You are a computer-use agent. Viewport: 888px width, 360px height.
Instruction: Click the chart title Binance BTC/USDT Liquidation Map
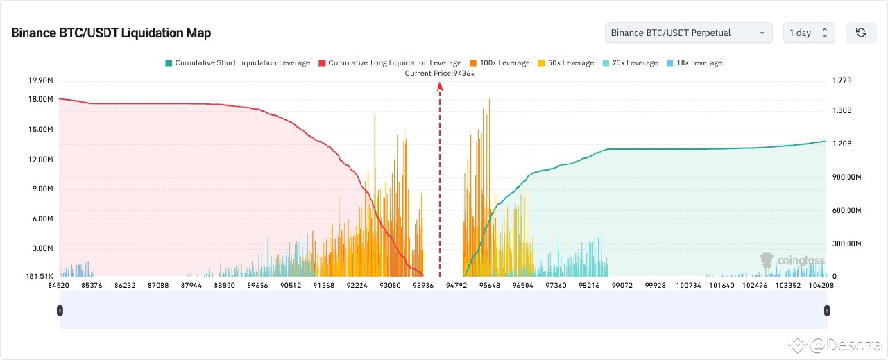(111, 33)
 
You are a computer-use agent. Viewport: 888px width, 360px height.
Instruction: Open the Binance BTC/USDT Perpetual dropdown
(688, 33)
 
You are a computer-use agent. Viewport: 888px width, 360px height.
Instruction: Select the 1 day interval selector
(809, 33)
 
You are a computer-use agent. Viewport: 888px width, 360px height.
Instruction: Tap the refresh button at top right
(861, 33)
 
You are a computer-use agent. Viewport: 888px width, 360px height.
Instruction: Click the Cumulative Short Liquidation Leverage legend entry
(237, 62)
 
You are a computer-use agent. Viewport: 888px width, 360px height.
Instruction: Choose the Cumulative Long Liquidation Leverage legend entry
(389, 62)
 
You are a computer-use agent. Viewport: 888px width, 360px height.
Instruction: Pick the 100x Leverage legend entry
(499, 62)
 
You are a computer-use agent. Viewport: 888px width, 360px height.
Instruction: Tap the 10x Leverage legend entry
(694, 62)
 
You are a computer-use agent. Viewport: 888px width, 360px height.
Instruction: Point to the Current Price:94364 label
(439, 73)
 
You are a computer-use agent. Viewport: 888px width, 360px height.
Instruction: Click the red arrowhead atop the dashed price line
(439, 86)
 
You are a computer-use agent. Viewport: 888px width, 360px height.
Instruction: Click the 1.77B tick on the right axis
(842, 81)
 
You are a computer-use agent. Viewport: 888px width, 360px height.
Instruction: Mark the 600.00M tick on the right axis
(846, 210)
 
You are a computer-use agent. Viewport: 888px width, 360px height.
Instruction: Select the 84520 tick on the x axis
(58, 284)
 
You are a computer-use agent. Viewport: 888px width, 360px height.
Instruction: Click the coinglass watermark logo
(792, 261)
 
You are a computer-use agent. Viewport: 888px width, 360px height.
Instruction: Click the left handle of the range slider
(60, 311)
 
